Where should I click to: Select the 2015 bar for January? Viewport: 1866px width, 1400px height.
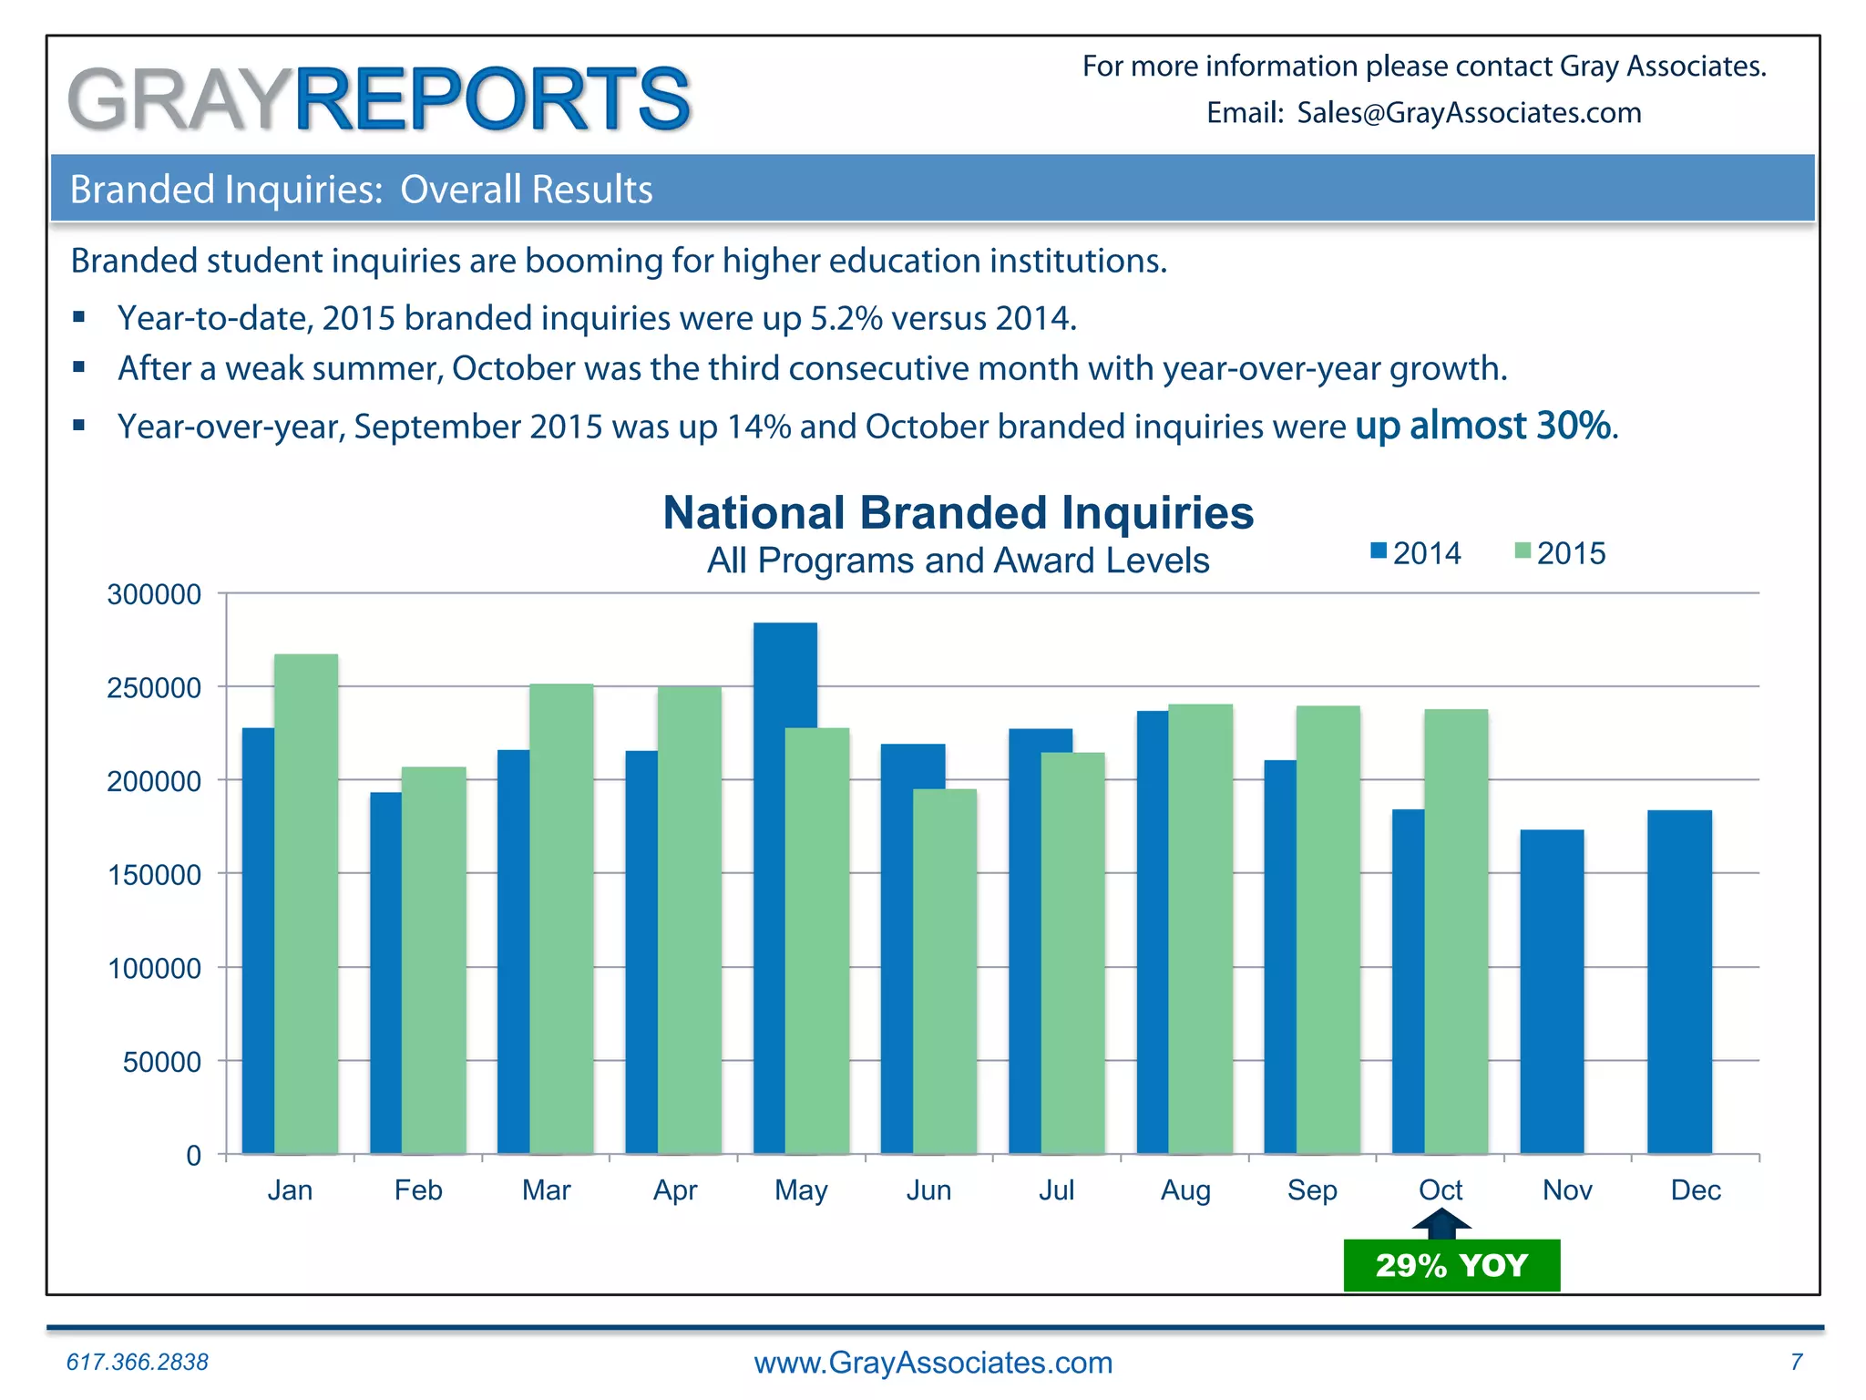click(306, 902)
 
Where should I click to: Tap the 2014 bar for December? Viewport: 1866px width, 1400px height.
click(1679, 982)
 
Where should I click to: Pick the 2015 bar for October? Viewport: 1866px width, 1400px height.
click(1456, 930)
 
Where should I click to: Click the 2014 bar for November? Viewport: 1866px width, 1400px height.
click(1552, 992)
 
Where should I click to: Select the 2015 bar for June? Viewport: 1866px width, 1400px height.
click(945, 971)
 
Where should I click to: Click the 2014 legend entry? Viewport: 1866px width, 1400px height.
click(1416, 553)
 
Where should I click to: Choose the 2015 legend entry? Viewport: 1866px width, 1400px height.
click(1560, 553)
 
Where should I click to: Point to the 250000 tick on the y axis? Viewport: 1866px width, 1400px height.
click(154, 687)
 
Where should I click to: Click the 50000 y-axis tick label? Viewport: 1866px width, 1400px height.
click(161, 1062)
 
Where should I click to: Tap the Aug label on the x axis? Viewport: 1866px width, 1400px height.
click(1184, 1190)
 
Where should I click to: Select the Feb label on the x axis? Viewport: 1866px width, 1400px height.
click(418, 1190)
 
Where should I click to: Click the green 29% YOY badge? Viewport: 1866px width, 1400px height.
click(1451, 1266)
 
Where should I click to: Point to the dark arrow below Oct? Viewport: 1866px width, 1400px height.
click(1441, 1223)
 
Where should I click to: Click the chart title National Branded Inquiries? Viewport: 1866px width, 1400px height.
click(958, 513)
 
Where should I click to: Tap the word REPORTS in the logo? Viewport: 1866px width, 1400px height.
click(492, 98)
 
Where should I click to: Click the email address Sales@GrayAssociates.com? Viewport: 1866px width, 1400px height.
click(1469, 113)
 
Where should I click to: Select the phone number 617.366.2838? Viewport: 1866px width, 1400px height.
click(138, 1362)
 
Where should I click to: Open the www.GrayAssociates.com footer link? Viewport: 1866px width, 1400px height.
click(933, 1363)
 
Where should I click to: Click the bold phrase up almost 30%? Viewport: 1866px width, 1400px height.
click(1482, 426)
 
